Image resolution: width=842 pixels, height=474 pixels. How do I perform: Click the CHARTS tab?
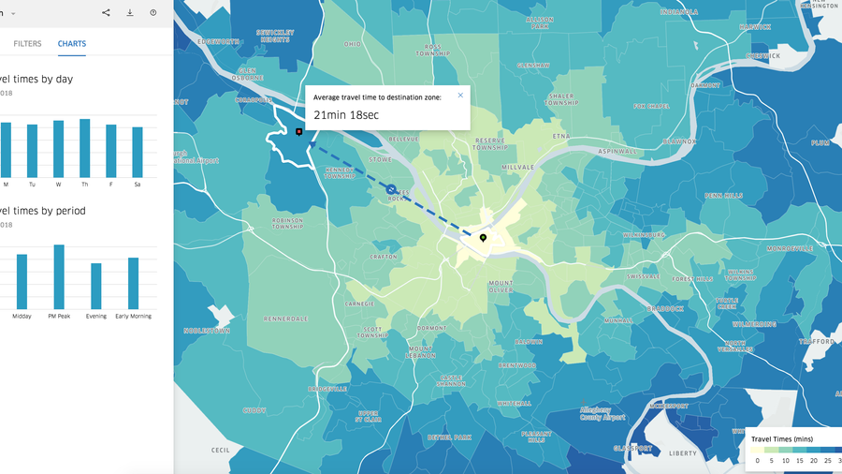(71, 43)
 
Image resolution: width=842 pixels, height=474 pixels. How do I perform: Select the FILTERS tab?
(27, 43)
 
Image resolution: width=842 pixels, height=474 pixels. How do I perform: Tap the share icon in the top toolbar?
(106, 13)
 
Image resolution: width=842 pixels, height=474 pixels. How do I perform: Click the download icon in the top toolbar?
(130, 13)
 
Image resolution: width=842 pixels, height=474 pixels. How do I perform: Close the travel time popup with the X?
(460, 95)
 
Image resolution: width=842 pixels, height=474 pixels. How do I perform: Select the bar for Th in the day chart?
(84, 148)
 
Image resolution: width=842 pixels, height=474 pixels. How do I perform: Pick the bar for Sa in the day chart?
(138, 152)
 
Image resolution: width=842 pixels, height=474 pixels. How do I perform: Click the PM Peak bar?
(59, 276)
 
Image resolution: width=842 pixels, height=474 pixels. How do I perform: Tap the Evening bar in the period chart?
(95, 286)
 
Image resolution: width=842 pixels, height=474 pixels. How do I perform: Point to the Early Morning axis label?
(135, 317)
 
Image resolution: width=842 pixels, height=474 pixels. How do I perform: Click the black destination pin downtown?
(483, 238)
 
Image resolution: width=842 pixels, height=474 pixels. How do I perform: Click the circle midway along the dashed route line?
(391, 189)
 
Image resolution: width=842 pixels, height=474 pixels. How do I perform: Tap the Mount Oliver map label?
(501, 286)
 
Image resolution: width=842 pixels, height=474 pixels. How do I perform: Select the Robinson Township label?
(287, 225)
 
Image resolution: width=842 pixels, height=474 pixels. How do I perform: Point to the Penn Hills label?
(723, 196)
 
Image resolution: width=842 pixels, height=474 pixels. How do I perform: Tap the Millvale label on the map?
(517, 167)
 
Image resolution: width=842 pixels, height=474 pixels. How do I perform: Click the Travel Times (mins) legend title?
(783, 438)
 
